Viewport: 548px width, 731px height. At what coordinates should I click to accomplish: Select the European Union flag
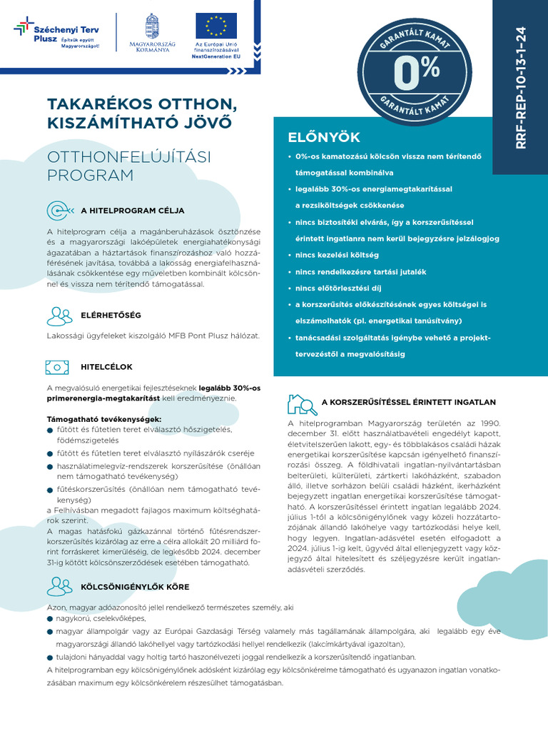[215, 25]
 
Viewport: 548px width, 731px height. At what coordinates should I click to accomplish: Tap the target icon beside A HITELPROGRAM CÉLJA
[59, 211]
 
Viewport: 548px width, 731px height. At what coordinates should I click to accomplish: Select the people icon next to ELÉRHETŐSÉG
[59, 315]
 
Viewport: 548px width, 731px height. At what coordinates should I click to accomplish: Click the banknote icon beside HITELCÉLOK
[58, 367]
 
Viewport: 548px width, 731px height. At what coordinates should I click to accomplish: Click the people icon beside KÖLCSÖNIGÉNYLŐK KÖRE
[59, 586]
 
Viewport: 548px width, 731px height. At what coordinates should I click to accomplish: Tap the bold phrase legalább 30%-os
[229, 388]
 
